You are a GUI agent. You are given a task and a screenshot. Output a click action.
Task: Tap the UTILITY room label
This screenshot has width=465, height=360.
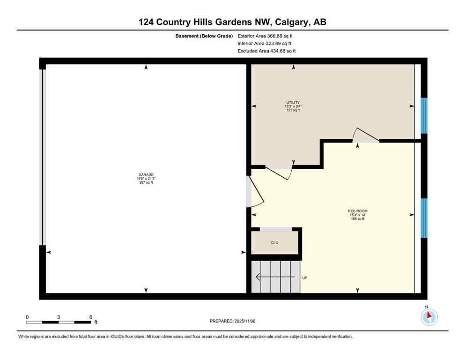tap(293, 103)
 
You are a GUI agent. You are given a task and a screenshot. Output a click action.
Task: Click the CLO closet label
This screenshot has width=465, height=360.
tap(275, 243)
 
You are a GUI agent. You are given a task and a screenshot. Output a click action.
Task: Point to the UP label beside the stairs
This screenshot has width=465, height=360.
tap(304, 278)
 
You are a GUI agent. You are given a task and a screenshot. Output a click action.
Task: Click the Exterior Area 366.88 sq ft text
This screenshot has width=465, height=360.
tap(266, 36)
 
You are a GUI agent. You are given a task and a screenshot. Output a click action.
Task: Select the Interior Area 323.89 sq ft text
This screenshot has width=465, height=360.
tap(265, 43)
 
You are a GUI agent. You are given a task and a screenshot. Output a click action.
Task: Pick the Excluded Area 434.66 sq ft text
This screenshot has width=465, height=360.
tap(266, 51)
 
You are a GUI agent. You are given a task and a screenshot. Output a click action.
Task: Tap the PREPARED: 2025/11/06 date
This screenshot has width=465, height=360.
tap(233, 321)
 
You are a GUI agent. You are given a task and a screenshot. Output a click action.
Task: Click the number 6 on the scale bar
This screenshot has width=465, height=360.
tap(90, 317)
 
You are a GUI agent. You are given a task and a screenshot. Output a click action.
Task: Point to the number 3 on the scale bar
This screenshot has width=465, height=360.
tap(59, 317)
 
